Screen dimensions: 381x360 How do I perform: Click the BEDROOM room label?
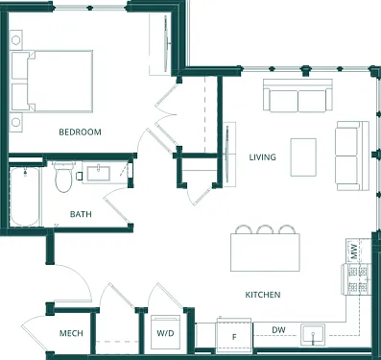pos(80,132)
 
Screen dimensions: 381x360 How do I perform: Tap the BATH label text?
pos(81,214)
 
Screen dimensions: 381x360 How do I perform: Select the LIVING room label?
pos(262,157)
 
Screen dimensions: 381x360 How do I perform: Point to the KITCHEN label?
pos(263,295)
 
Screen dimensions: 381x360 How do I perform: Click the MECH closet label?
pos(71,333)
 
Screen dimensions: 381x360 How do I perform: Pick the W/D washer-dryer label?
pos(165,333)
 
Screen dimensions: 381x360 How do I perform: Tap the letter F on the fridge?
pos(234,337)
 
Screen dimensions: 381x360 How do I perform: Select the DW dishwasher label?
pos(278,330)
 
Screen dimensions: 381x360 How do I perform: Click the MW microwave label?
pos(354,252)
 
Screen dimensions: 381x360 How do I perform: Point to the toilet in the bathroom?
pos(64,177)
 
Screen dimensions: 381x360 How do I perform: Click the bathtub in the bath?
pos(25,196)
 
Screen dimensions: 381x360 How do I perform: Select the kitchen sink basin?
pos(313,335)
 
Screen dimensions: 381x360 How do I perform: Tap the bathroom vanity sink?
pos(99,174)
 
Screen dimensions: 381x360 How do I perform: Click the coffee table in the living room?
pos(303,157)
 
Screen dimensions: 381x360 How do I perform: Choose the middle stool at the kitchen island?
pos(264,229)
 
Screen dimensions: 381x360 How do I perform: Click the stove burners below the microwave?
pos(358,279)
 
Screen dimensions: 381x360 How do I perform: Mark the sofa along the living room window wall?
pos(298,95)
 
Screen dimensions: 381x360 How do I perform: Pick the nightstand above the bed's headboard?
pos(15,40)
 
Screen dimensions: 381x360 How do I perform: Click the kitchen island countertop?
pos(265,252)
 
